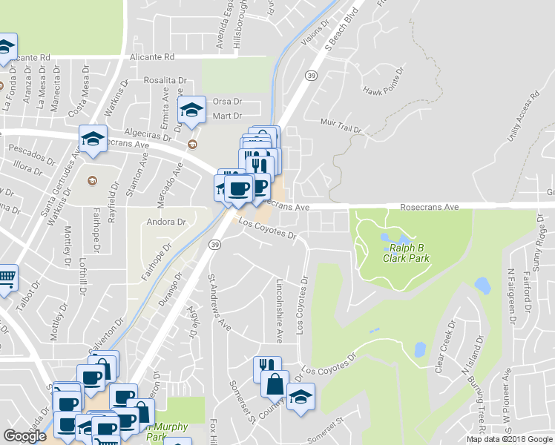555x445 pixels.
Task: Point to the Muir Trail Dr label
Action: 340,125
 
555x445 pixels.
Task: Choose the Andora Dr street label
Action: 165,222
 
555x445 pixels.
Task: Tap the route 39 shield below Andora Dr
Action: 214,244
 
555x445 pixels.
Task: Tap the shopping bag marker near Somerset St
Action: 275,383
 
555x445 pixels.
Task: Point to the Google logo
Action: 25,436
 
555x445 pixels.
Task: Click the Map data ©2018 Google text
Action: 510,439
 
